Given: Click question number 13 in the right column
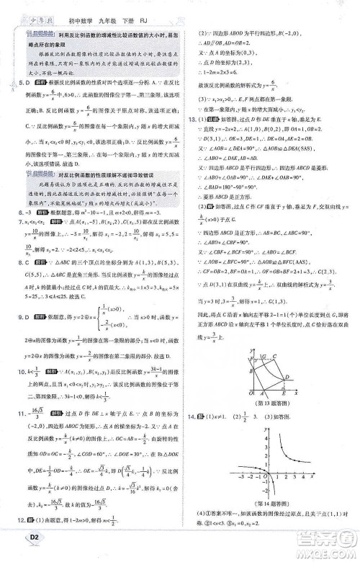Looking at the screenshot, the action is point(191,119).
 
